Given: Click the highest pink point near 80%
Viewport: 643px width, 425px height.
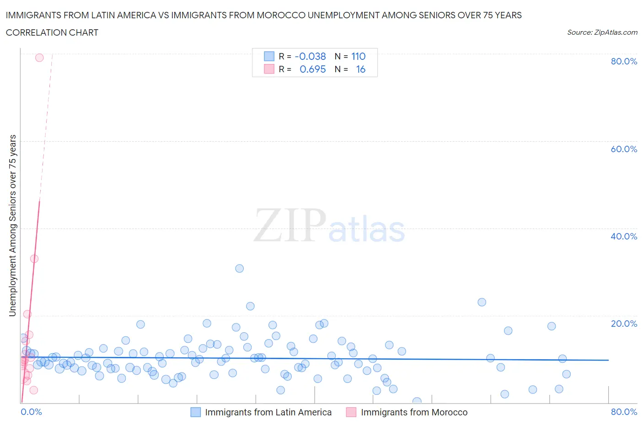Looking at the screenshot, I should pyautogui.click(x=39, y=58).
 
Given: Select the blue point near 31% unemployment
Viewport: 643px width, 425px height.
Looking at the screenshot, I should pyautogui.click(x=239, y=268).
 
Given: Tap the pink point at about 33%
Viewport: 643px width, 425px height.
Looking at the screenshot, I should pyautogui.click(x=34, y=259).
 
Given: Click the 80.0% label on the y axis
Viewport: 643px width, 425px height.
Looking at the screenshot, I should pyautogui.click(x=624, y=62).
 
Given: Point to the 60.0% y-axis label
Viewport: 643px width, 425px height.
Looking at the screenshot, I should pyautogui.click(x=624, y=149).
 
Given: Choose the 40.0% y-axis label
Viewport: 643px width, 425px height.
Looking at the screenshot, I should pyautogui.click(x=624, y=236).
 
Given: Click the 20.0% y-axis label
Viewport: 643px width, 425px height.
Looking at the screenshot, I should pyautogui.click(x=624, y=324).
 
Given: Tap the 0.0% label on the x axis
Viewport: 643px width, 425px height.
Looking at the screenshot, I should pyautogui.click(x=31, y=412).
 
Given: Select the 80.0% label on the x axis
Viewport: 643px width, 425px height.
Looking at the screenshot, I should pyautogui.click(x=624, y=412).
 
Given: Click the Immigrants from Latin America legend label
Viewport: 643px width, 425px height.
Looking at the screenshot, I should pyautogui.click(x=268, y=412).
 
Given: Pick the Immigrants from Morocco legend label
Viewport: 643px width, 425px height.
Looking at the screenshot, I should pyautogui.click(x=414, y=412).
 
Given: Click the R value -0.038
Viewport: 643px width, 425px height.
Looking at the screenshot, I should pyautogui.click(x=310, y=56).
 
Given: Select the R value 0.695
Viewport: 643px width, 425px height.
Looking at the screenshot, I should pyautogui.click(x=312, y=69).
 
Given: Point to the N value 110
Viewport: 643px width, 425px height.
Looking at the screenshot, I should pyautogui.click(x=358, y=56).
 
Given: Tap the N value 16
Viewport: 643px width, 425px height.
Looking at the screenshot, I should pyautogui.click(x=360, y=69).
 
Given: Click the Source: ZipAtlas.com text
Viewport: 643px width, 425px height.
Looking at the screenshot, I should pyautogui.click(x=602, y=32).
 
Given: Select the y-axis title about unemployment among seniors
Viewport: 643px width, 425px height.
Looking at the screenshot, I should pyautogui.click(x=12, y=225).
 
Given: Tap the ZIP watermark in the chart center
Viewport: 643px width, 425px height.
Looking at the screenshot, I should pyautogui.click(x=290, y=225).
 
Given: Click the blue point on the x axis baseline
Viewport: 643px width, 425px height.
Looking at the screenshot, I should pyautogui.click(x=417, y=401).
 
